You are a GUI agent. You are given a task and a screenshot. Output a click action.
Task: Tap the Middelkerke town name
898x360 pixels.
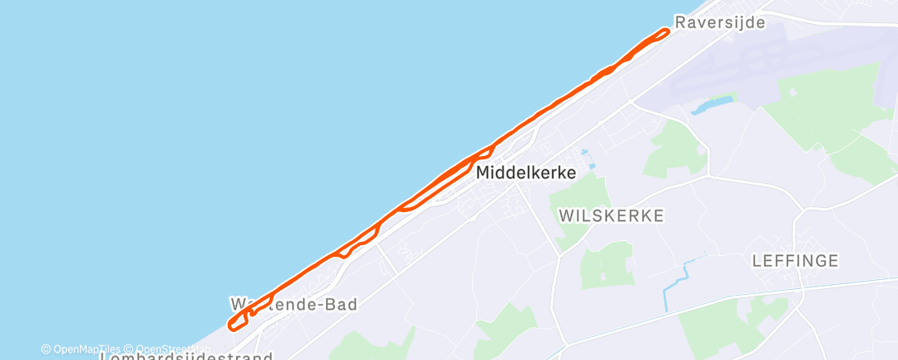coord(526,173)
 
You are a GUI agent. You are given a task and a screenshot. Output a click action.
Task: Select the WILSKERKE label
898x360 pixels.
coord(612,216)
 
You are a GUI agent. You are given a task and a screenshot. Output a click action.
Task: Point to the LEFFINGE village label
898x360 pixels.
coord(796,261)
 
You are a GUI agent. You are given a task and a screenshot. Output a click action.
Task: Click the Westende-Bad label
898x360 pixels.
coord(293,305)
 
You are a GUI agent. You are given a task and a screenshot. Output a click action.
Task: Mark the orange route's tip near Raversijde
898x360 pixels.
coord(665,31)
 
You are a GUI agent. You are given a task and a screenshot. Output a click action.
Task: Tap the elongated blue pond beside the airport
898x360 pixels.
coord(711,105)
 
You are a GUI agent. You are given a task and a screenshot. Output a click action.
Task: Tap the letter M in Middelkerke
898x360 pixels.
coord(483,173)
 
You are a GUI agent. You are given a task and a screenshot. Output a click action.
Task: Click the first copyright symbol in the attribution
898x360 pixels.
coord(46,349)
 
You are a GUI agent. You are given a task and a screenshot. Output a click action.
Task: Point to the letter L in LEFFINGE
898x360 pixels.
coord(757,261)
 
